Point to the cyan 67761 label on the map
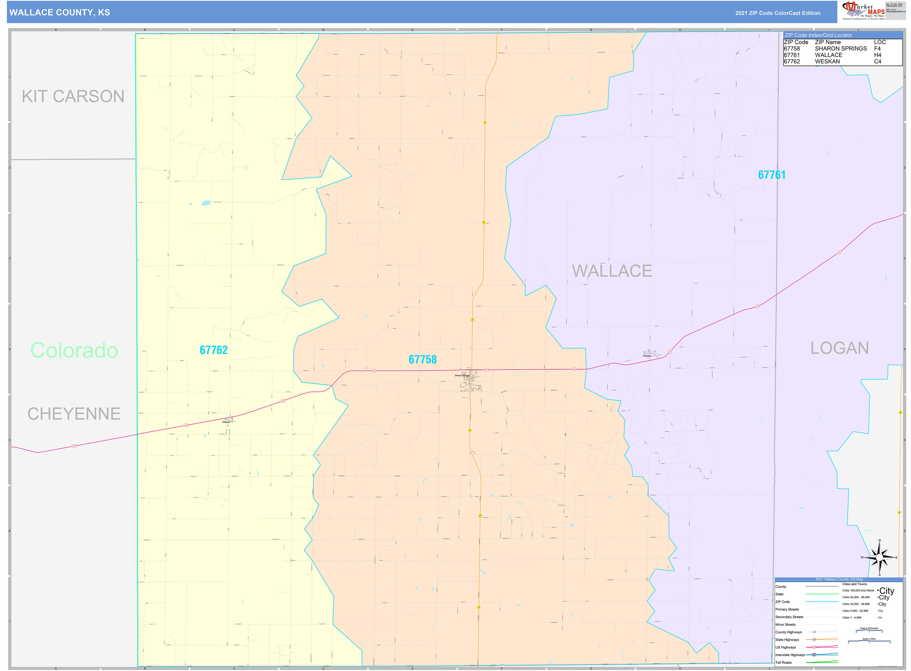click(771, 175)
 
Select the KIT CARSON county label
click(73, 96)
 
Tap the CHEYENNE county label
click(74, 413)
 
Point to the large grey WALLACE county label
click(612, 271)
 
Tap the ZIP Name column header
click(827, 42)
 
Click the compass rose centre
click(879, 557)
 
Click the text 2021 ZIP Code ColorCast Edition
click(777, 13)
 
